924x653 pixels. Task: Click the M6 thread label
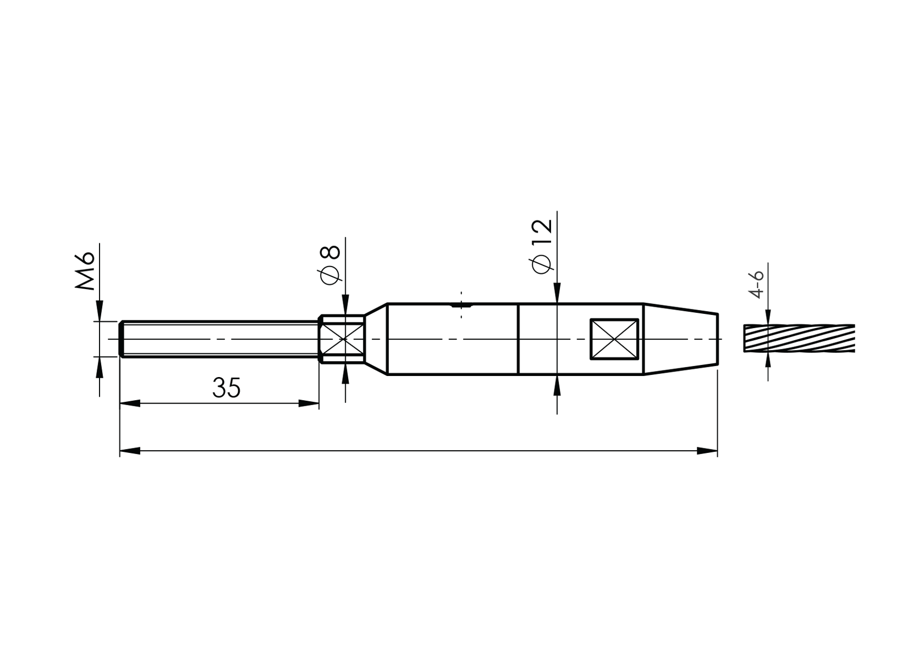click(x=86, y=272)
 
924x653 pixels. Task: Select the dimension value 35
click(x=226, y=388)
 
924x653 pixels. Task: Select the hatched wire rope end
click(x=799, y=338)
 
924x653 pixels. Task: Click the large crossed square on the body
click(x=614, y=339)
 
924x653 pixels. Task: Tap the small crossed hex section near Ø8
click(x=343, y=339)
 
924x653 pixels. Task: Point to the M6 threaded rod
click(x=220, y=339)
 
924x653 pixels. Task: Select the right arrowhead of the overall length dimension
click(x=710, y=451)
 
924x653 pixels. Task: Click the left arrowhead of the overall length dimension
click(x=128, y=451)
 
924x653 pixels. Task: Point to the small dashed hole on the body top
click(x=461, y=304)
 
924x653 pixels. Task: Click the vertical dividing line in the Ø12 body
click(x=518, y=339)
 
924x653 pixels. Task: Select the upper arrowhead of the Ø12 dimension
click(x=557, y=295)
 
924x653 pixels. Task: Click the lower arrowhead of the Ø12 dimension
click(x=557, y=385)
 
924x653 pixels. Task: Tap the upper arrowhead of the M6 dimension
click(x=100, y=313)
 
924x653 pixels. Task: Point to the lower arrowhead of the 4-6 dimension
click(x=768, y=361)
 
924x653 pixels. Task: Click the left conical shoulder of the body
click(x=376, y=339)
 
